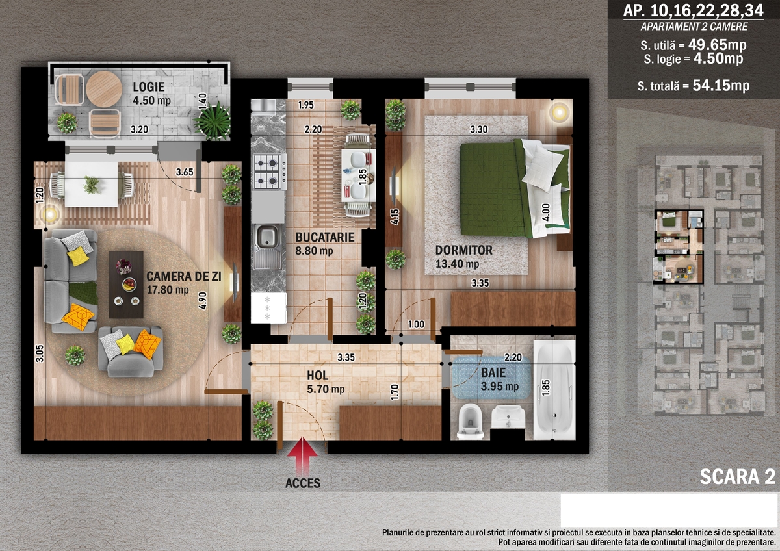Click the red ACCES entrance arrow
303,456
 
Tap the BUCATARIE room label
325,237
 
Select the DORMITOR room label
464,250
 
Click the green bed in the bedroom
515,188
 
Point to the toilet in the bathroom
470,421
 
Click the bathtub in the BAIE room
554,390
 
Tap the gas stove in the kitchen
270,172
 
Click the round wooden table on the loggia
104,89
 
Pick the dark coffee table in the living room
126,285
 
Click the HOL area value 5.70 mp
326,389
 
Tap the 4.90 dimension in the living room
202,301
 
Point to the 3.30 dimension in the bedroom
479,129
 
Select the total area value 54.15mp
721,85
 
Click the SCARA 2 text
738,476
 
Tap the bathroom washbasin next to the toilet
508,417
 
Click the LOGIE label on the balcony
149,86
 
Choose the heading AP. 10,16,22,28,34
693,11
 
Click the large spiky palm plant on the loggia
213,121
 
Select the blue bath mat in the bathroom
491,378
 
